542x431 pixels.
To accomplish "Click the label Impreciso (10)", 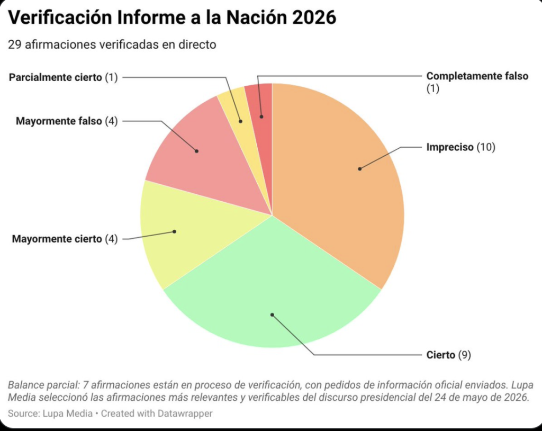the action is pyautogui.click(x=461, y=147).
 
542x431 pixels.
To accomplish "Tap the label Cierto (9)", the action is pyautogui.click(x=449, y=355).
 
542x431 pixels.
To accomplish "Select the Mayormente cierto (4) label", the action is pyautogui.click(x=65, y=239).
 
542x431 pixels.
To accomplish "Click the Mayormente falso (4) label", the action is pyautogui.click(x=67, y=121).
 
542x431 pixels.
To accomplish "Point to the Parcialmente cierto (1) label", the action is pyautogui.click(x=64, y=77).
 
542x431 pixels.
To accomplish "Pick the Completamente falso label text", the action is pyautogui.click(x=477, y=76).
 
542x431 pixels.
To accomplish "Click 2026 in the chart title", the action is pyautogui.click(x=314, y=17).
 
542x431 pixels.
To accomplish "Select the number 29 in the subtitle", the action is pyautogui.click(x=14, y=44).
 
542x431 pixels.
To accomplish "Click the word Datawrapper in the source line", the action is pyautogui.click(x=185, y=414).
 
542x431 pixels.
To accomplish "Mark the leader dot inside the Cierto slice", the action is pyautogui.click(x=272, y=315).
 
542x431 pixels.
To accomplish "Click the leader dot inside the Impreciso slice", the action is pyautogui.click(x=360, y=169).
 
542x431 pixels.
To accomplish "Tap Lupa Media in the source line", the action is pyautogui.click(x=67, y=414).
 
